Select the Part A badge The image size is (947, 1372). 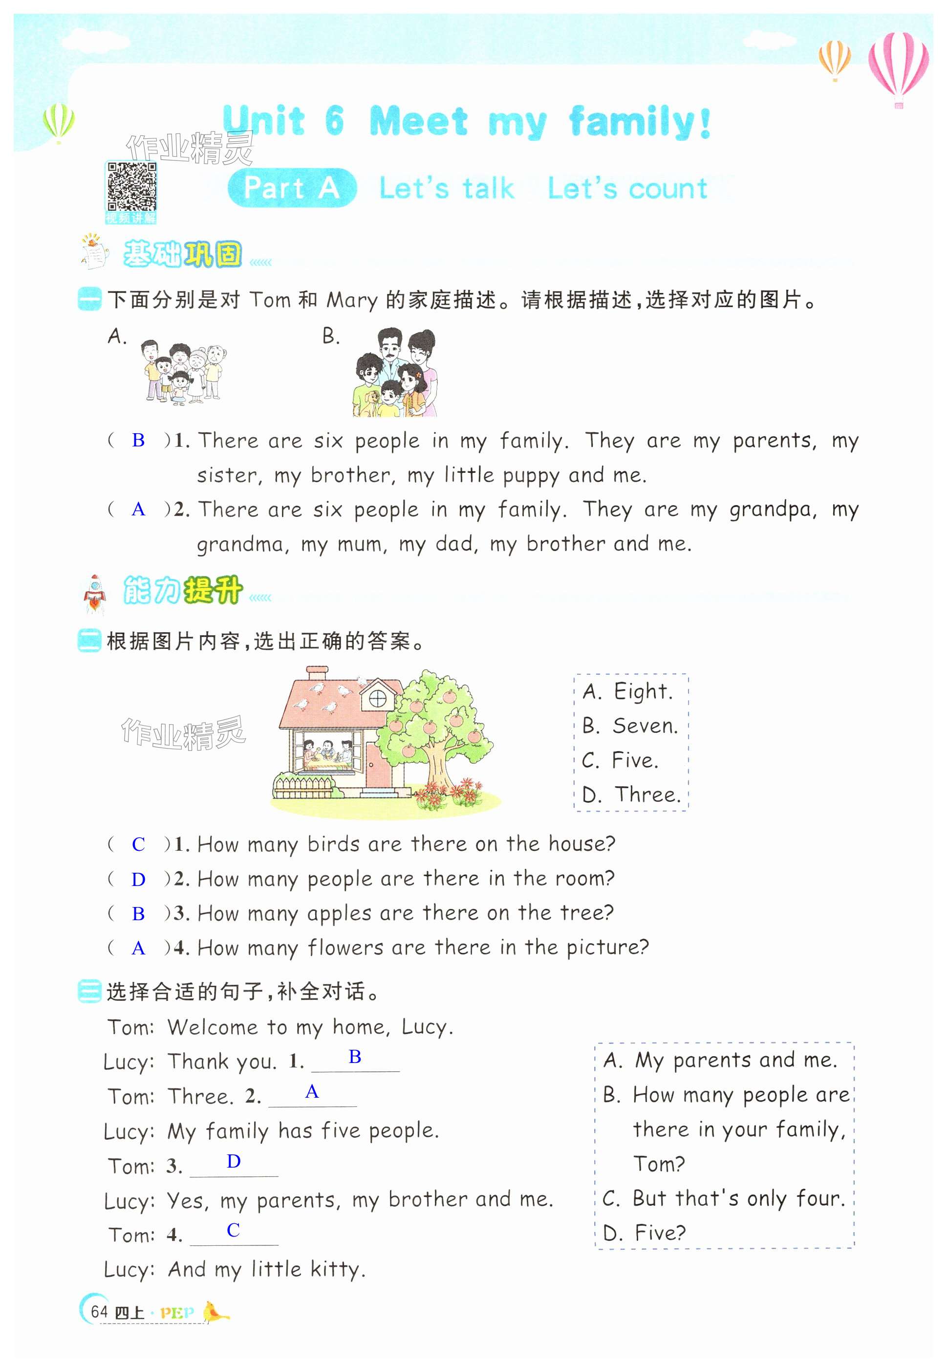pos(292,188)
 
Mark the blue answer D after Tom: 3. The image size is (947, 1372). pos(234,1162)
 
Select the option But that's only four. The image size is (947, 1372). pos(723,1198)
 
